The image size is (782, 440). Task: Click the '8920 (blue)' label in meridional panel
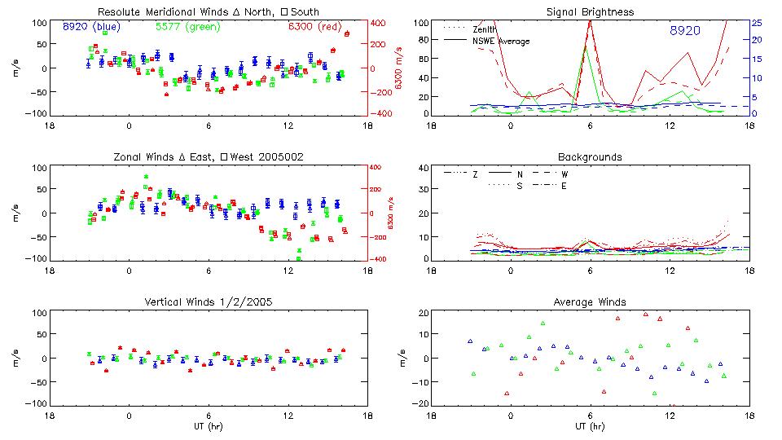coord(90,27)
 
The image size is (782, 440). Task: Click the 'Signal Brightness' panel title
coord(590,12)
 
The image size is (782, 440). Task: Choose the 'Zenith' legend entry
coord(485,29)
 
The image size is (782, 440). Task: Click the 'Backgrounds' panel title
coord(590,156)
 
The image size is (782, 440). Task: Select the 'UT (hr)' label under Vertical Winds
coord(208,425)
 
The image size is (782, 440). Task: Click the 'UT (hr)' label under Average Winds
coord(590,425)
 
